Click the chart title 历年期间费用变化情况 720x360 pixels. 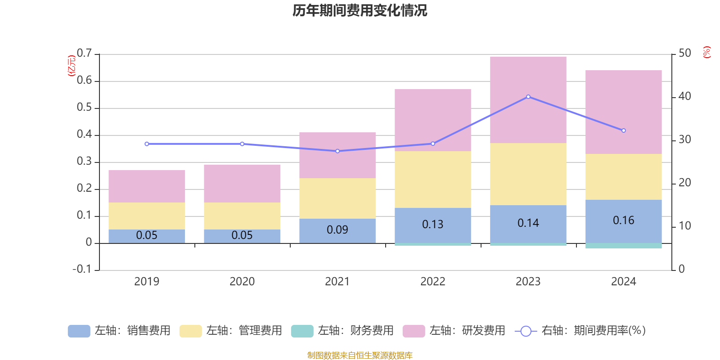[x=360, y=10]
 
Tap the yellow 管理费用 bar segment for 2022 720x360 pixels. [x=432, y=179]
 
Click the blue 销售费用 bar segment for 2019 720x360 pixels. [x=147, y=236]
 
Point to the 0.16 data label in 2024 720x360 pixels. [x=623, y=220]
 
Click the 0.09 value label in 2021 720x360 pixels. [x=337, y=230]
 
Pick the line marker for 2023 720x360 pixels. [x=528, y=97]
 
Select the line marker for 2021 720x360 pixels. [x=337, y=151]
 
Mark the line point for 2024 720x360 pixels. [x=624, y=130]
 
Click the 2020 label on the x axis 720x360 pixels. [x=242, y=282]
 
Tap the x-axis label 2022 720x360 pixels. [x=432, y=282]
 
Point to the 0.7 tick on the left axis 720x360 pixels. [x=84, y=54]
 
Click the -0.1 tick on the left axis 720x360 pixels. [x=82, y=269]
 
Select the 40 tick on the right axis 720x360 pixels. [x=684, y=96]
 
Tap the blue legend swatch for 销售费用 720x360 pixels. [x=79, y=331]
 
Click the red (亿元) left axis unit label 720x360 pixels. [x=71, y=66]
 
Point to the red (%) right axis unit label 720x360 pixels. [x=706, y=52]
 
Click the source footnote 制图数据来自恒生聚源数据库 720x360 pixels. [x=360, y=355]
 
